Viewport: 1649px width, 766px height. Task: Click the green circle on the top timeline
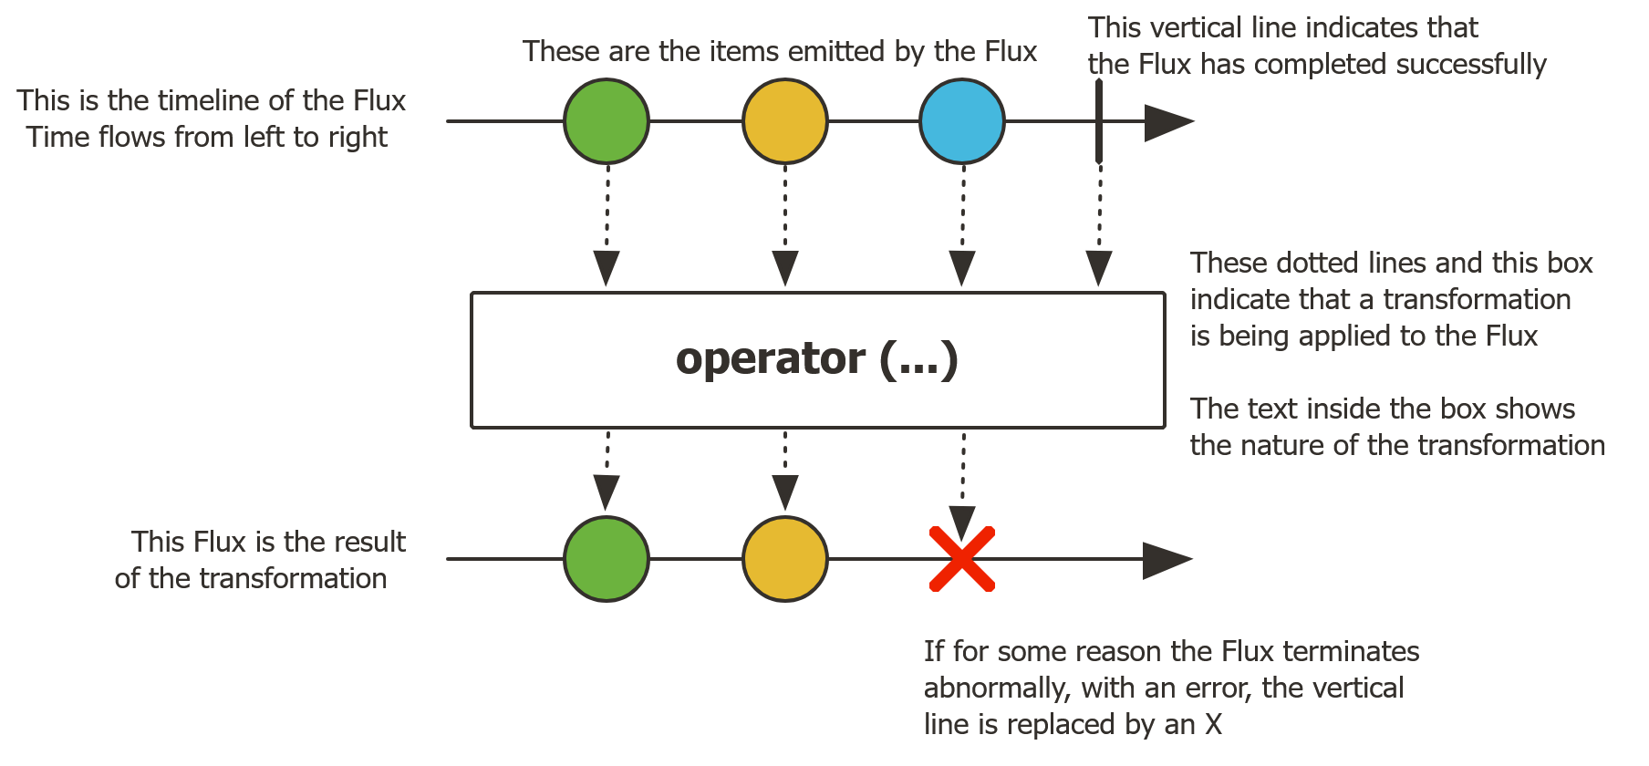[x=607, y=121]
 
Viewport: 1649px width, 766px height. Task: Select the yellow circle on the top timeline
[x=784, y=121]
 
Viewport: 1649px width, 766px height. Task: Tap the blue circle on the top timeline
[x=962, y=121]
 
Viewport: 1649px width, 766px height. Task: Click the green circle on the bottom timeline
[x=607, y=559]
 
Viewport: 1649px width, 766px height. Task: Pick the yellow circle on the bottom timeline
[x=784, y=559]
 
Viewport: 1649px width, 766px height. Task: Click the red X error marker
[x=962, y=559]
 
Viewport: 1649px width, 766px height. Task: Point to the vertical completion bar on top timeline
[x=1099, y=121]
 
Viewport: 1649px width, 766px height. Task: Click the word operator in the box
[x=770, y=359]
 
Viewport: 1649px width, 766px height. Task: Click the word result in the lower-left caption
[x=369, y=542]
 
